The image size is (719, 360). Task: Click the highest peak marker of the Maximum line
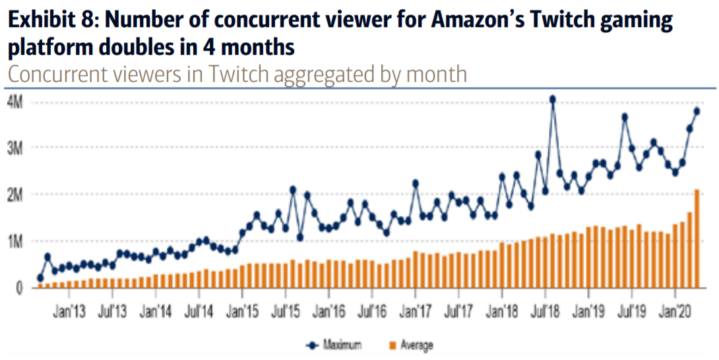pos(552,100)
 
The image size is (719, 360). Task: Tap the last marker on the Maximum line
pos(697,111)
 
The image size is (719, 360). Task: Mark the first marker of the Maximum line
pos(40,278)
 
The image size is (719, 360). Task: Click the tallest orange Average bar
pos(697,239)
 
